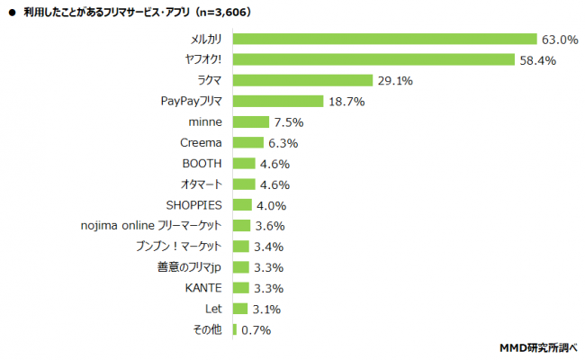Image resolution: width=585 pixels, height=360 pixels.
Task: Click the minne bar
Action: tap(251, 122)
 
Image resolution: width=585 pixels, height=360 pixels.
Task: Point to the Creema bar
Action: tap(248, 143)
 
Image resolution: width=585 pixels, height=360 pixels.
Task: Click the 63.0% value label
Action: tap(558, 40)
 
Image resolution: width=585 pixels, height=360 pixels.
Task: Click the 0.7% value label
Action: tap(256, 330)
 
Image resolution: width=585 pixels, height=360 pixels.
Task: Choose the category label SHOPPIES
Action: tap(194, 205)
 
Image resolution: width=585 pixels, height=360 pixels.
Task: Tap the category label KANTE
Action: tap(204, 288)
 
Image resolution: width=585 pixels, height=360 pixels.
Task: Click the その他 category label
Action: tap(208, 330)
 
